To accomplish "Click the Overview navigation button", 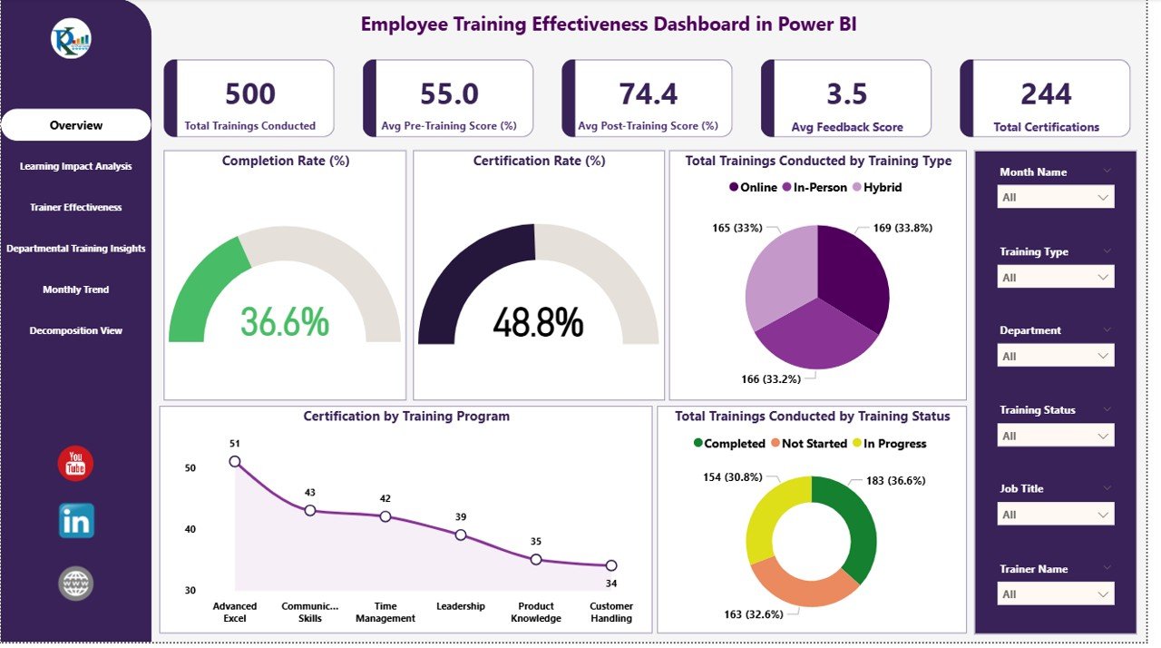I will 76,125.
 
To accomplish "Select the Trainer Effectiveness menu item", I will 76,208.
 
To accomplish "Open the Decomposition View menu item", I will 76,331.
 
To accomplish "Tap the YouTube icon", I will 75,464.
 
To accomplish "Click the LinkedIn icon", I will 76,521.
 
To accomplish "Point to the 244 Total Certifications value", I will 1046,94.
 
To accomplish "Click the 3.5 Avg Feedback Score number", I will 847,94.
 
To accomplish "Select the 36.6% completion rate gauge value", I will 285,322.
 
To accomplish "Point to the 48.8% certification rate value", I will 538,322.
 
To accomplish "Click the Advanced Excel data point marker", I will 235,461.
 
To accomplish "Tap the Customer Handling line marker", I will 611,565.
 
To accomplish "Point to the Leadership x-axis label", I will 461,606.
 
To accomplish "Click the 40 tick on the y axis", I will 190,529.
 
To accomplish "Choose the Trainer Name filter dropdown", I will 1056,594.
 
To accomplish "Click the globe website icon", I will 76,583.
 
